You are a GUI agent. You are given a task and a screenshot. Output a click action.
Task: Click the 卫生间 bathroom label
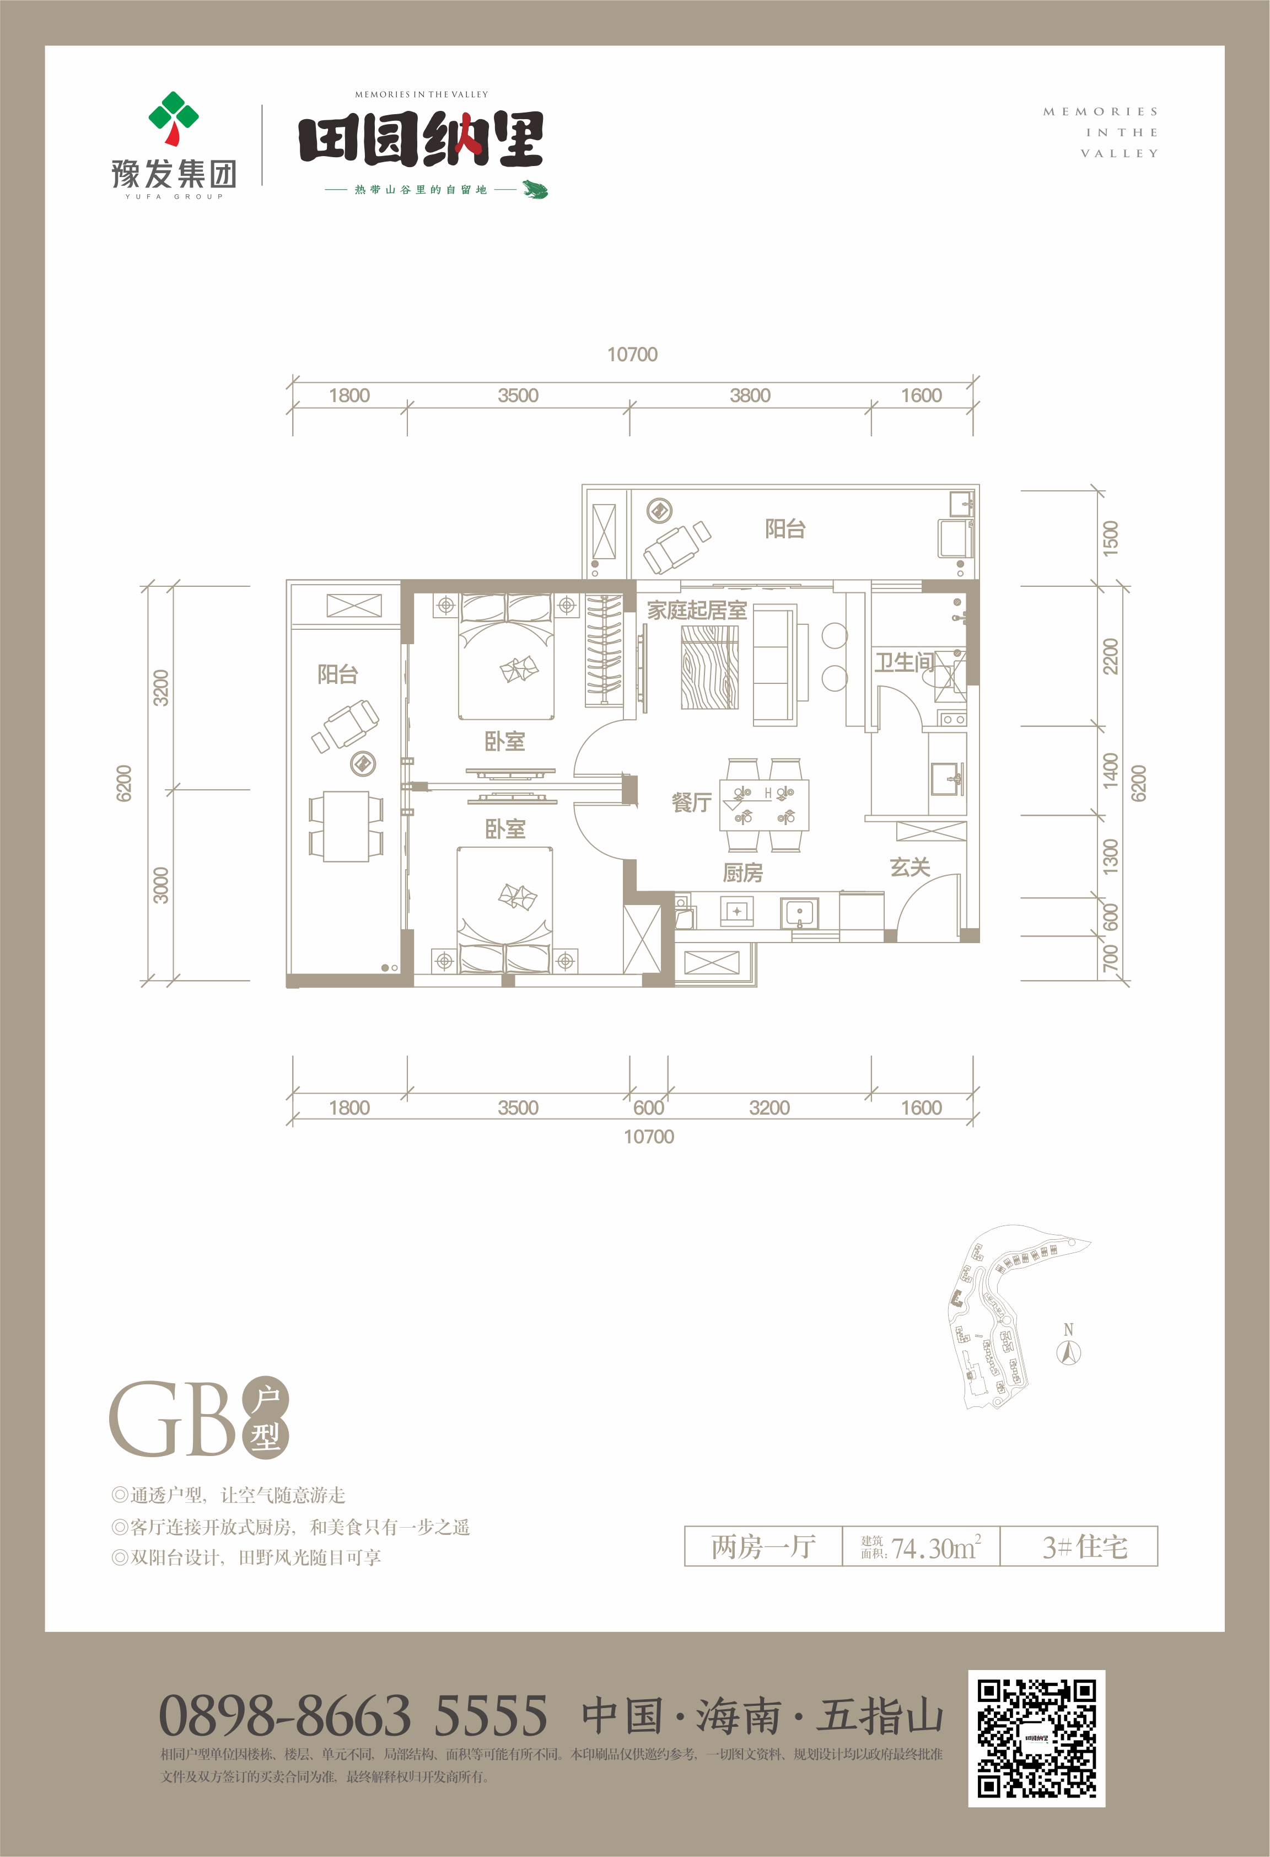pyautogui.click(x=903, y=662)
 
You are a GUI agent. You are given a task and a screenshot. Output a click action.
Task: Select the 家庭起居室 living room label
pyautogui.click(x=697, y=611)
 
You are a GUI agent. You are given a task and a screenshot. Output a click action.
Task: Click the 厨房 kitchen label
pyautogui.click(x=743, y=873)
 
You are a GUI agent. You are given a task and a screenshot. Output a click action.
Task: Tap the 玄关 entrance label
pyautogui.click(x=910, y=867)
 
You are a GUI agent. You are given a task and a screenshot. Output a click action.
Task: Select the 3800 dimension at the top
pyautogui.click(x=750, y=395)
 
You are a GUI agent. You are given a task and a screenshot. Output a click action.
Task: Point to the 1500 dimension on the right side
pyautogui.click(x=1110, y=538)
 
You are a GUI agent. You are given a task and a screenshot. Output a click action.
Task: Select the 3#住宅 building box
pyautogui.click(x=1079, y=1547)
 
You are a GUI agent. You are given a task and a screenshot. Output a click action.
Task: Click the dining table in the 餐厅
pyautogui.click(x=765, y=805)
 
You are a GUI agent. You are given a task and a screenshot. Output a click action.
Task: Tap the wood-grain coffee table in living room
pyautogui.click(x=709, y=667)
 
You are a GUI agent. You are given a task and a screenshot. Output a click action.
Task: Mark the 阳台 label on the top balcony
pyautogui.click(x=784, y=529)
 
